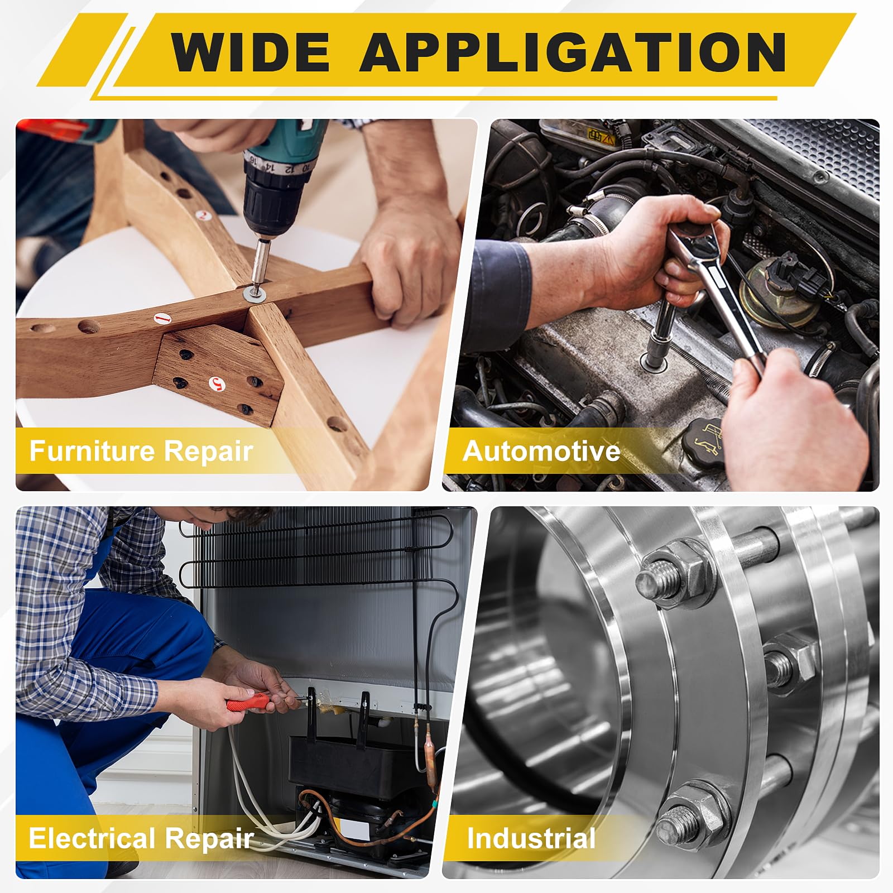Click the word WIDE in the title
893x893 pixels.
click(251, 52)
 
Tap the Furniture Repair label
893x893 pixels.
click(141, 451)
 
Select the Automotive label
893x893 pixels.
click(541, 451)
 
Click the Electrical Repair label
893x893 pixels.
click(141, 839)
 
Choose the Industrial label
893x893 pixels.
click(531, 839)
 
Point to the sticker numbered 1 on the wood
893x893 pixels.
click(162, 319)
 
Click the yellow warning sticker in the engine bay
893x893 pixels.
click(601, 136)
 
